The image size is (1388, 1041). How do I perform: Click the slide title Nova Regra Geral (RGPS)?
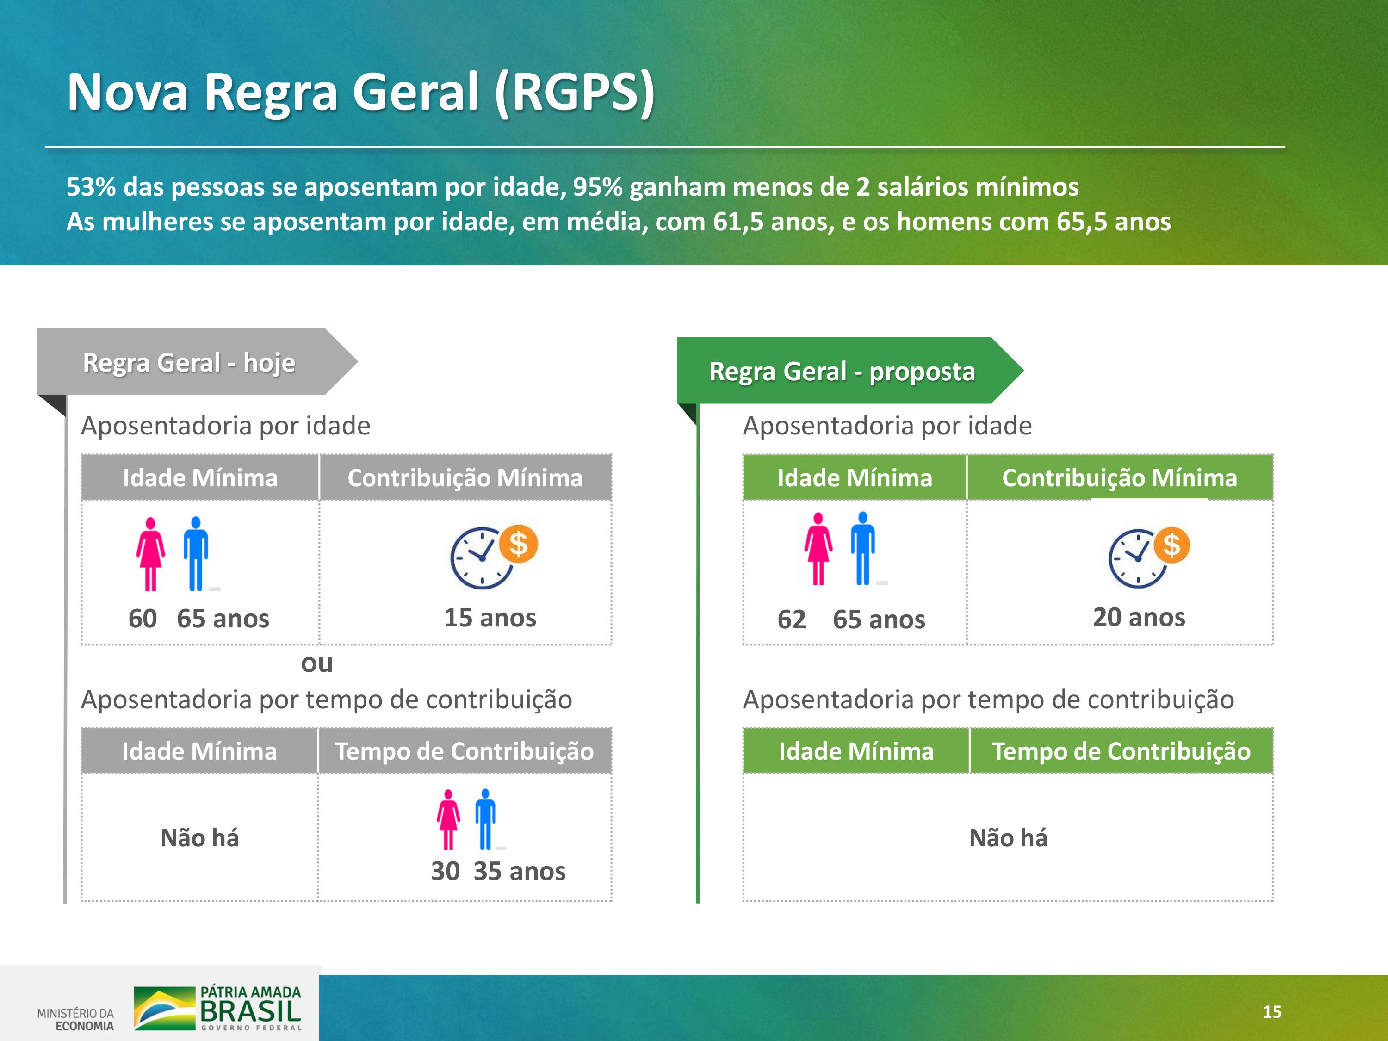click(x=361, y=92)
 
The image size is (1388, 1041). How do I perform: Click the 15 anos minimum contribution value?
click(x=490, y=618)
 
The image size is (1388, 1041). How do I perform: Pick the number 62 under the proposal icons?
click(x=791, y=620)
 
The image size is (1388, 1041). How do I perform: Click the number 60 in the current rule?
click(x=143, y=619)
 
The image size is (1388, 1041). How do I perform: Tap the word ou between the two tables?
click(x=317, y=663)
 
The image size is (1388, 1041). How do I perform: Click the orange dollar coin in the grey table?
click(x=518, y=544)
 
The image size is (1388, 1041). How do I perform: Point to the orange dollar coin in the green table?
click(x=1171, y=545)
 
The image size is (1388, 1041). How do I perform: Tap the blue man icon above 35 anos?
click(x=485, y=819)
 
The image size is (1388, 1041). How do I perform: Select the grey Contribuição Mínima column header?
click(x=465, y=477)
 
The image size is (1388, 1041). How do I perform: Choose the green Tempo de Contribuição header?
click(x=1122, y=751)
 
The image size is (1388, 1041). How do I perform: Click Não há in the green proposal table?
click(x=1008, y=838)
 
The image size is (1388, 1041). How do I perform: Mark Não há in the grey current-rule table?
click(x=199, y=838)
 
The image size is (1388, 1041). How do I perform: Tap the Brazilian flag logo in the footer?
click(x=164, y=1008)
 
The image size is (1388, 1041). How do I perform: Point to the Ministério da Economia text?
click(x=76, y=1020)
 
